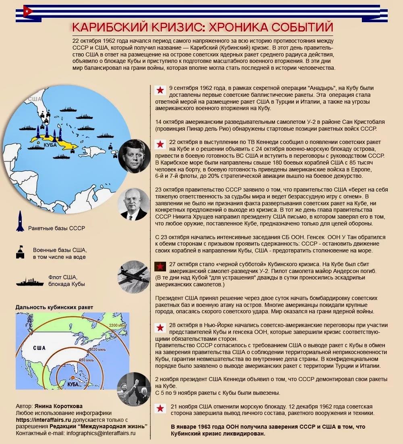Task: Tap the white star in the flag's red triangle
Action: tap(27, 11)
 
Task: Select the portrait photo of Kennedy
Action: tap(134, 156)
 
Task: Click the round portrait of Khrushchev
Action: tap(134, 204)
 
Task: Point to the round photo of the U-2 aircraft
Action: tap(134, 277)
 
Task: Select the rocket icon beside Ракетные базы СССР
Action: tap(20, 221)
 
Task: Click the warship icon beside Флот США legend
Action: tap(30, 281)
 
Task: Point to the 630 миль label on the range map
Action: tap(86, 359)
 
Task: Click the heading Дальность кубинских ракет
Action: tap(54, 307)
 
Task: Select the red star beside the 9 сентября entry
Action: tap(160, 90)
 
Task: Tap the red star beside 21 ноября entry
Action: tap(160, 409)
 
